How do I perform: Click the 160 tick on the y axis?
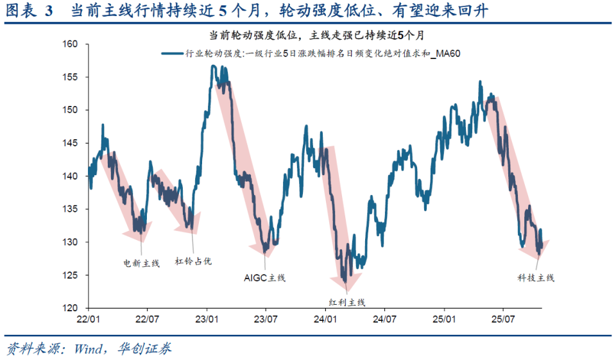pos(69,44)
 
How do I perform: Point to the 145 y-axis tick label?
pos(69,143)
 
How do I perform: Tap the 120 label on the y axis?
pos(69,308)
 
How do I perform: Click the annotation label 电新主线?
pos(141,262)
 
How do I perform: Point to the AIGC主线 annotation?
pos(264,278)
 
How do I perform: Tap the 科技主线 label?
pos(536,278)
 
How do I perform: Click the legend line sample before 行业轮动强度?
pos(173,55)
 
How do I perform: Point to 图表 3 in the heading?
pos(29,11)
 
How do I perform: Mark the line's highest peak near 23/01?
pos(213,66)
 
